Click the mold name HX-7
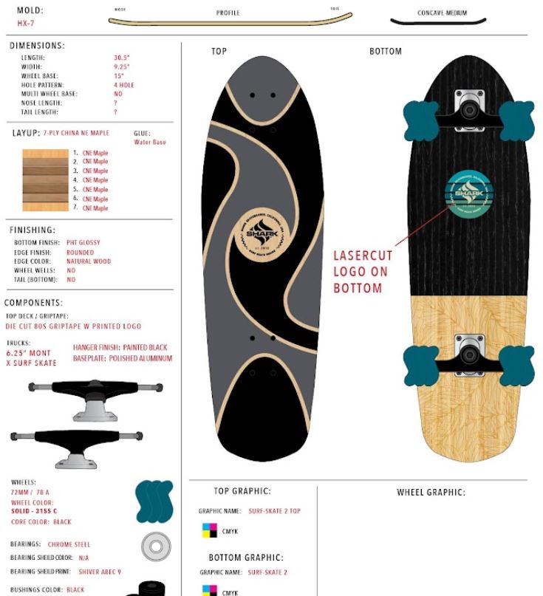pos(25,24)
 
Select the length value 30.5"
pos(121,58)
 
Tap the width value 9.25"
pos(121,66)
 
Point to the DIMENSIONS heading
pos(37,46)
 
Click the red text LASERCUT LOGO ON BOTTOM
pos(363,272)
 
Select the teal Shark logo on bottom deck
pos(468,193)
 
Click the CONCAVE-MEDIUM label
pos(442,13)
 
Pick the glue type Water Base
pos(150,143)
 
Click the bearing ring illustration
pos(156,547)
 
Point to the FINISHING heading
pos(33,230)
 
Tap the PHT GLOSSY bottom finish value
pos(83,242)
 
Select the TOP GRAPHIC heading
pos(242,491)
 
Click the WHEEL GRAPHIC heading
pos(431,493)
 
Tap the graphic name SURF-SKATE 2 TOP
pos(273,511)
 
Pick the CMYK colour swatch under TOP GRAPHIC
pos(210,531)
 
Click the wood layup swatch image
pos(44,180)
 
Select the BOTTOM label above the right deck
pos(386,52)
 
